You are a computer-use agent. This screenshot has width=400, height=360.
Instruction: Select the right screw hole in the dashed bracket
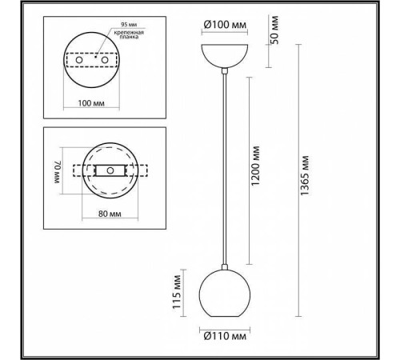pos(105,61)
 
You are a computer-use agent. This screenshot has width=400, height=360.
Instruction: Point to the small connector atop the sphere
pos(226,266)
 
